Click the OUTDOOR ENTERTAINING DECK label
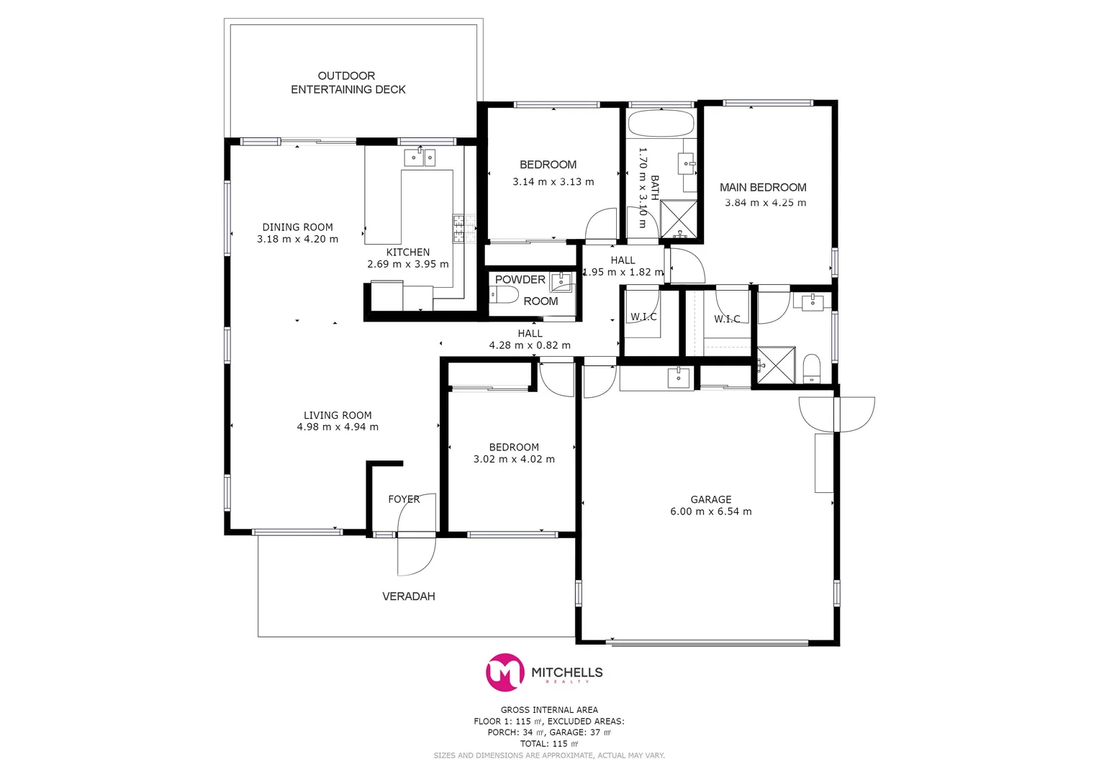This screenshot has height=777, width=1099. coord(348,83)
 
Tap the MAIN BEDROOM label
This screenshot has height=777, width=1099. coord(763,187)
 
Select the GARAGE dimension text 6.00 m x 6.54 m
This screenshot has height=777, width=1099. coord(710,512)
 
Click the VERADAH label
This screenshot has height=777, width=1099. coord(408,596)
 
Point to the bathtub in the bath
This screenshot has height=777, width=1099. coord(661,123)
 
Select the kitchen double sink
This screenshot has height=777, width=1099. coord(419,157)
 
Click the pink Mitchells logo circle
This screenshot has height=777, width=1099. coord(505,672)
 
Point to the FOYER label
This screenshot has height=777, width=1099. coord(403,499)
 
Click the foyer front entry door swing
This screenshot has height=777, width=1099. coord(417,555)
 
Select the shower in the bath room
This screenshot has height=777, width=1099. coord(679,219)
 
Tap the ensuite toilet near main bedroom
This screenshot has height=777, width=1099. coord(811,368)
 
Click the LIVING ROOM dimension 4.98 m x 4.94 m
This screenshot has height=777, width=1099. coord(338,427)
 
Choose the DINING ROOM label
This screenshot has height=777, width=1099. coord(297,227)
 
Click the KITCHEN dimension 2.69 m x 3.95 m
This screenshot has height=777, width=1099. coord(407,264)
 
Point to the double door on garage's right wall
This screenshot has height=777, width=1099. coord(836,414)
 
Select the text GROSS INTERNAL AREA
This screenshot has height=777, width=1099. coord(549,710)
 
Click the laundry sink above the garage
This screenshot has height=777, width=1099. coord(678,378)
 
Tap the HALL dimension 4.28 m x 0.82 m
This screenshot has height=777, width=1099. coord(530,345)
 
